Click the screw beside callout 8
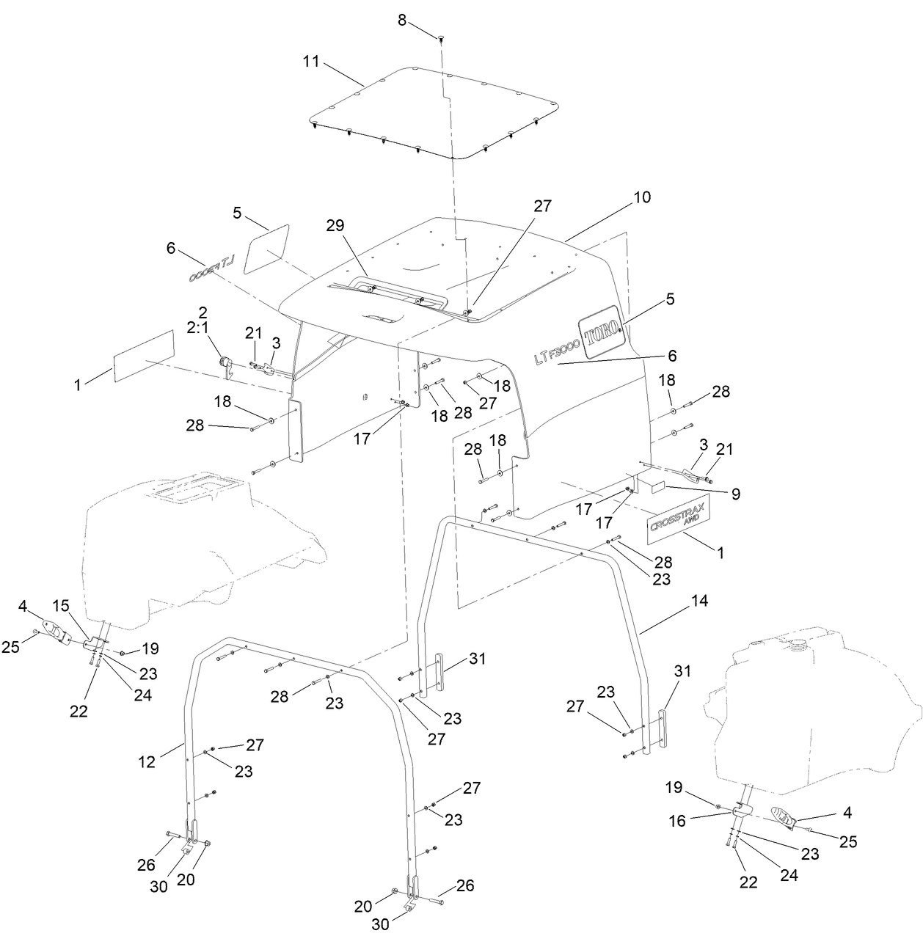(x=441, y=37)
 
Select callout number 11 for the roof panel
(x=311, y=61)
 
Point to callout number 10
(x=642, y=197)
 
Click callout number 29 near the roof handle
(x=337, y=224)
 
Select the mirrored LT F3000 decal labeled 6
(x=211, y=273)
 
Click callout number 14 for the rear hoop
(x=699, y=601)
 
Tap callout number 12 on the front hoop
(x=147, y=762)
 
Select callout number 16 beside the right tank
(x=677, y=821)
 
